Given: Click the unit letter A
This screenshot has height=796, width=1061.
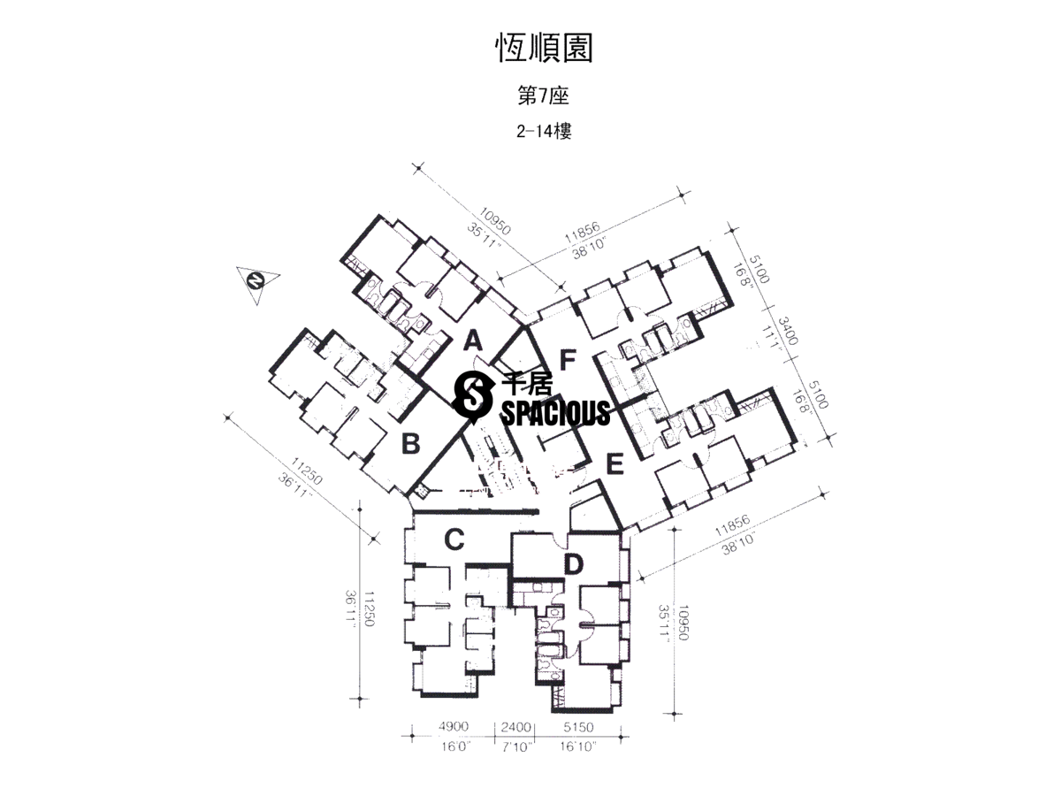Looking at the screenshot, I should pyautogui.click(x=473, y=340).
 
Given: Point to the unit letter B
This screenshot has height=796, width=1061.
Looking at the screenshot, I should pyautogui.click(x=410, y=443).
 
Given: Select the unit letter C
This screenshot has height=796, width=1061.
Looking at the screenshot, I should pyautogui.click(x=454, y=539).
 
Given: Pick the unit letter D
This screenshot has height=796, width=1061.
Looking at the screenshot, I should pyautogui.click(x=573, y=563).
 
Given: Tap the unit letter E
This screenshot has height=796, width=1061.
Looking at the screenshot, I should pyautogui.click(x=615, y=463).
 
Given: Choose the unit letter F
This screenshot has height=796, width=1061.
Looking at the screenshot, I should pyautogui.click(x=568, y=359).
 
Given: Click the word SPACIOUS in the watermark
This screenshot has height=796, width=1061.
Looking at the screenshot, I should pyautogui.click(x=556, y=412).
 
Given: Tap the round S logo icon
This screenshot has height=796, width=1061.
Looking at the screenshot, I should pyautogui.click(x=472, y=394).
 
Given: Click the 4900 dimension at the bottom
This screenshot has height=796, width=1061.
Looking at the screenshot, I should pyautogui.click(x=452, y=728).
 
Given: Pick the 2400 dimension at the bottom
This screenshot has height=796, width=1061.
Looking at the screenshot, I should pyautogui.click(x=516, y=728).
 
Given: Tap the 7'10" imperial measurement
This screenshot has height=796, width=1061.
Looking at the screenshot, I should pyautogui.click(x=516, y=747).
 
